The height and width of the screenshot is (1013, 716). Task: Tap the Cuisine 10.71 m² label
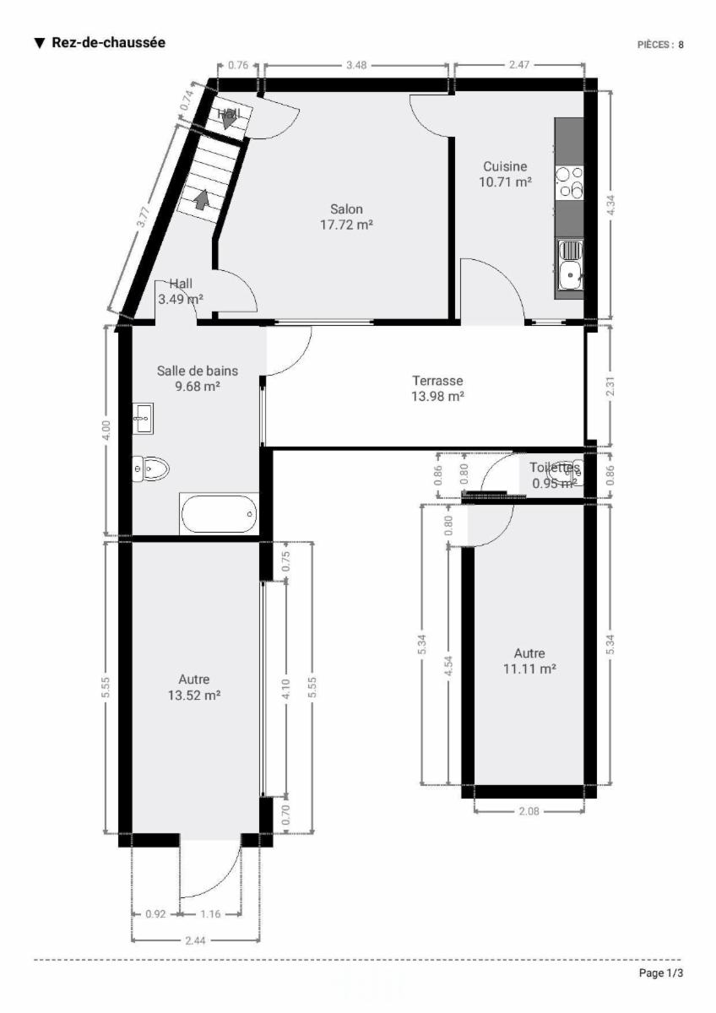click(x=505, y=174)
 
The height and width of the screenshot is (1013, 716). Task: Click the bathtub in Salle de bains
click(x=220, y=514)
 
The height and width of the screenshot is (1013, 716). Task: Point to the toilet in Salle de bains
click(x=150, y=469)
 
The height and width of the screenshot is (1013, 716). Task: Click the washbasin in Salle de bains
click(x=143, y=419)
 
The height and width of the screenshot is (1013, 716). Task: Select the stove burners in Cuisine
click(x=571, y=182)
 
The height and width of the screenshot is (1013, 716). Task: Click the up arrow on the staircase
click(x=202, y=199)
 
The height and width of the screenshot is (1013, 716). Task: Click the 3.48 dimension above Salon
click(x=356, y=65)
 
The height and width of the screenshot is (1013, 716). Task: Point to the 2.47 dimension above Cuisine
click(x=518, y=65)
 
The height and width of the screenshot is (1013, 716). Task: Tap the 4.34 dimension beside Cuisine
click(x=610, y=205)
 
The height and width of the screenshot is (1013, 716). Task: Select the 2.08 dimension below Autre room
click(x=529, y=811)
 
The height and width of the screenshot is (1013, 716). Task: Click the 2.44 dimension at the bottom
click(x=195, y=941)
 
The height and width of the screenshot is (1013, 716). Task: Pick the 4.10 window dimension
click(x=286, y=689)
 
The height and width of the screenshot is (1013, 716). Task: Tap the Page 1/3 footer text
click(x=661, y=973)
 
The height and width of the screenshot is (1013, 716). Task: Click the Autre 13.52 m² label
click(x=194, y=687)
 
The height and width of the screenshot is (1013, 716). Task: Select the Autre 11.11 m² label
click(x=529, y=661)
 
